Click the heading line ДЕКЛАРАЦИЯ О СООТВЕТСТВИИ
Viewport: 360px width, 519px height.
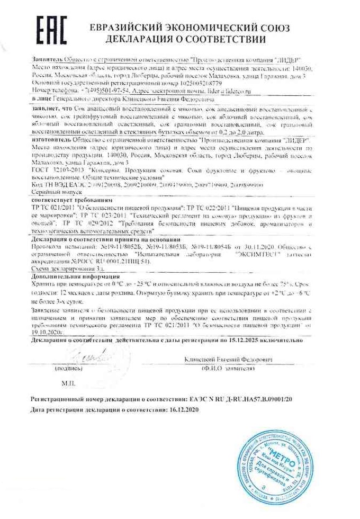pyautogui.click(x=185, y=39)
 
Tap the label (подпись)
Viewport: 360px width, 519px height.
pyautogui.click(x=68, y=368)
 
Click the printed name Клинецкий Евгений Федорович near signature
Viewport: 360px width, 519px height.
pyautogui.click(x=229, y=360)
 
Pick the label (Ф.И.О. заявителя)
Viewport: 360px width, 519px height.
pyautogui.click(x=228, y=368)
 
